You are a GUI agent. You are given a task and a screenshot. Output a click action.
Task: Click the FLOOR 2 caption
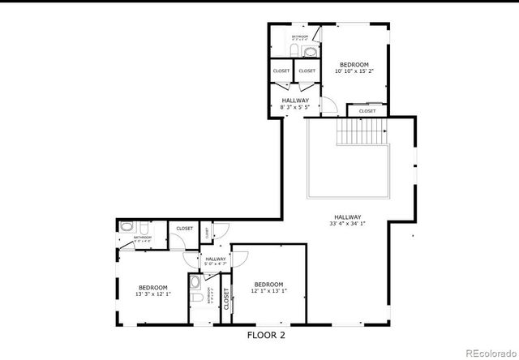coord(266,334)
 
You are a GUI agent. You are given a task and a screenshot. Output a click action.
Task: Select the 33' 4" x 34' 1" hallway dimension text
coord(346,223)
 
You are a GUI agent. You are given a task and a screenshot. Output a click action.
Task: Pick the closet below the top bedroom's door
coord(367,111)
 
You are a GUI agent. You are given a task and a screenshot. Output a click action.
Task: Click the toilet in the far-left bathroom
coord(141,227)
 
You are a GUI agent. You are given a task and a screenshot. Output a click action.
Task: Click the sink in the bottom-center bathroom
coord(195,283)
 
